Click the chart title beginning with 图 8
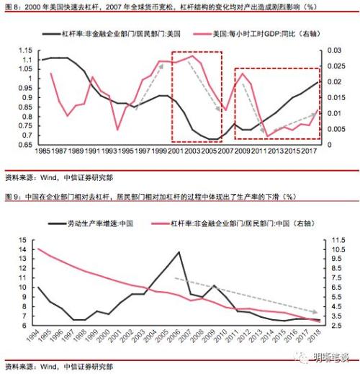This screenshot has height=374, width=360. (x=144, y=6)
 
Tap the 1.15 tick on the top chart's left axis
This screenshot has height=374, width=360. (x=27, y=50)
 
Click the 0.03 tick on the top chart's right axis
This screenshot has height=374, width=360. (x=333, y=50)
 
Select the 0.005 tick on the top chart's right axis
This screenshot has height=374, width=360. (x=335, y=129)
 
